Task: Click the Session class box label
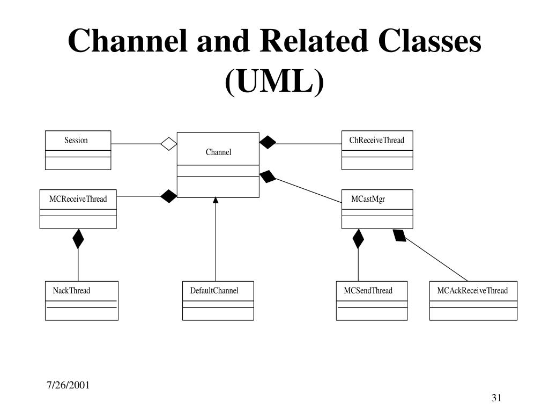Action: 76,141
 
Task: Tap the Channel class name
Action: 219,152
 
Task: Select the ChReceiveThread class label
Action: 377,140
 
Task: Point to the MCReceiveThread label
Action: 78,199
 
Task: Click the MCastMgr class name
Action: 368,199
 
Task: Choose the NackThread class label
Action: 71,290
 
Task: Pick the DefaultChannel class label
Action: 214,290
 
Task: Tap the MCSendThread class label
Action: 368,290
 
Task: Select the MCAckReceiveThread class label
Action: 472,290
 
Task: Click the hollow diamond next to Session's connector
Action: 169,144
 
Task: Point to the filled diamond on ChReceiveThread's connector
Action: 268,142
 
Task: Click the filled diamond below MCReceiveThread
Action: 78,239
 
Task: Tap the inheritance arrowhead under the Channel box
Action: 216,200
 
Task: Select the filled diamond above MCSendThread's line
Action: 358,239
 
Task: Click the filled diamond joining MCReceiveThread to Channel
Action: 169,196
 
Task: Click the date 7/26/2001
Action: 68,385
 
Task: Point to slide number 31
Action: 496,398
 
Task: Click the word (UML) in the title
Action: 274,82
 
